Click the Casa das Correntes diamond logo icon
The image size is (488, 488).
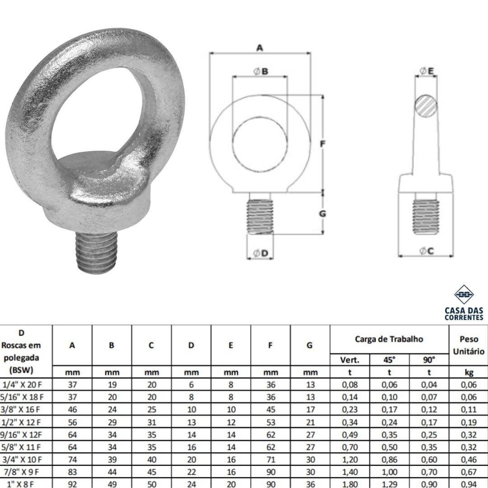click(x=464, y=295)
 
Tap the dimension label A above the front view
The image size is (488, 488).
click(x=259, y=47)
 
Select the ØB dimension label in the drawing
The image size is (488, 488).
click(x=260, y=71)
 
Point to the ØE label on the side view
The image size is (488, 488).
click(x=427, y=71)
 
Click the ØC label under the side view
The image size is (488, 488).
click(x=427, y=251)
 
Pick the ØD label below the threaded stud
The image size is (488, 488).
click(x=261, y=253)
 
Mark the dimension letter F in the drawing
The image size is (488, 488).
click(x=322, y=144)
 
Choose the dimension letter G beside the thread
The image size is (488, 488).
click(x=322, y=213)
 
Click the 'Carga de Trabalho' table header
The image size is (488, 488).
click(x=389, y=339)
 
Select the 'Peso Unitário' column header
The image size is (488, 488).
click(x=469, y=345)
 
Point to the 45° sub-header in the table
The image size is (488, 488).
click(x=389, y=360)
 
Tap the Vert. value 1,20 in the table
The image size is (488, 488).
click(x=350, y=460)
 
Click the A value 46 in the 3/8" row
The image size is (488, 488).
click(x=72, y=410)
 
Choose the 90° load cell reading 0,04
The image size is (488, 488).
click(x=429, y=385)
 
